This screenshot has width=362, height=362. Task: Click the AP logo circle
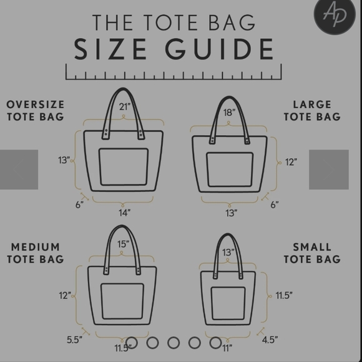(335, 14)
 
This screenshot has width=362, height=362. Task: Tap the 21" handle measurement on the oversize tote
(125, 107)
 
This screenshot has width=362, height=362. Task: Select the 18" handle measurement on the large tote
(229, 113)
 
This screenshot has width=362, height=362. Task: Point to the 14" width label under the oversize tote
(125, 213)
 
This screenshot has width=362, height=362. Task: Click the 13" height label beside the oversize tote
(64, 160)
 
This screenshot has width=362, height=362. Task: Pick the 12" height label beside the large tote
(291, 162)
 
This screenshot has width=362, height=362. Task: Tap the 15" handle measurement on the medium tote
(124, 244)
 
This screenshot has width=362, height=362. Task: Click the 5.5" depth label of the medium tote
(74, 339)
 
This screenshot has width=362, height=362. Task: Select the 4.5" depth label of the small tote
(270, 339)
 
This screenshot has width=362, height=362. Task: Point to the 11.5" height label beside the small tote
(284, 295)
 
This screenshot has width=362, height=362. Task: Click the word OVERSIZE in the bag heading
(36, 104)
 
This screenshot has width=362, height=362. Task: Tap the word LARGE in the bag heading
(312, 104)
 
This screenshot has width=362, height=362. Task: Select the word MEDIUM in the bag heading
(36, 247)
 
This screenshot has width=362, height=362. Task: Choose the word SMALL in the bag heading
(312, 247)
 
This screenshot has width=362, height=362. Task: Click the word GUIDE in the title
(219, 49)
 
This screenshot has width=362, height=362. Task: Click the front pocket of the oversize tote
(124, 167)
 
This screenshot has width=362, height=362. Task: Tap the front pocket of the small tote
(228, 303)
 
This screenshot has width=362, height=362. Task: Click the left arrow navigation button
(19, 169)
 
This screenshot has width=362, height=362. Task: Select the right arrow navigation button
(329, 169)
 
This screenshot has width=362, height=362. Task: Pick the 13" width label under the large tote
(232, 213)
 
